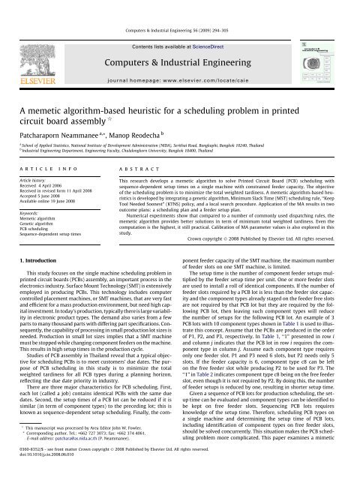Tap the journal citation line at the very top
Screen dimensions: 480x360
[x=180, y=7]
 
